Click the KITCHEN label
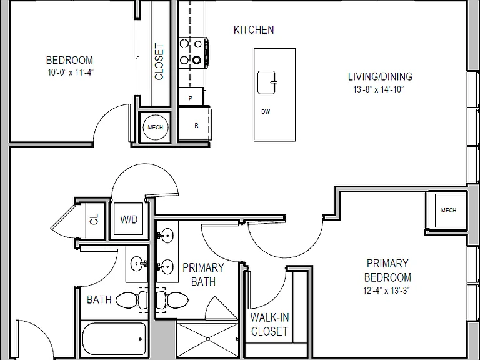(x=254, y=30)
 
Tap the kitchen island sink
(x=267, y=82)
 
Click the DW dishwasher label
(x=266, y=112)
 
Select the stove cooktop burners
(x=191, y=52)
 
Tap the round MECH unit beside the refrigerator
(x=156, y=127)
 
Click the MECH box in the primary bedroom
(x=448, y=210)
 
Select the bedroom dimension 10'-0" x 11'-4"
(x=71, y=72)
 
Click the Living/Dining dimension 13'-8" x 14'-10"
(x=379, y=89)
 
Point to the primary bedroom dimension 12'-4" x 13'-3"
(x=386, y=290)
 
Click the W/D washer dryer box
(x=129, y=219)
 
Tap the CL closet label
(x=94, y=219)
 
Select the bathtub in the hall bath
(x=114, y=338)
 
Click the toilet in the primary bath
(x=172, y=300)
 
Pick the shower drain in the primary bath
(x=208, y=339)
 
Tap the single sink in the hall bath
(x=138, y=263)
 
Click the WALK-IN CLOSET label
(x=270, y=324)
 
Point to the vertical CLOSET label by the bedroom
(x=159, y=62)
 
